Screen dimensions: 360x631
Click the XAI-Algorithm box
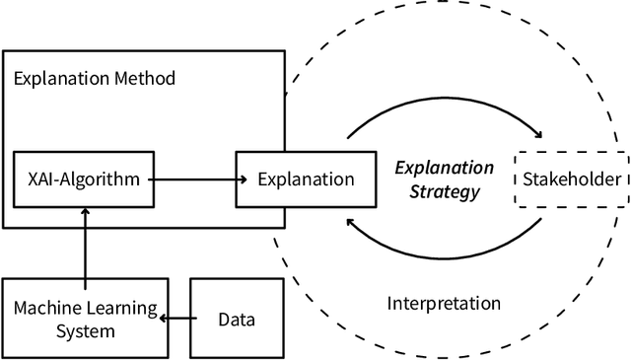(x=84, y=179)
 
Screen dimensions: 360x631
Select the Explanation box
(x=305, y=179)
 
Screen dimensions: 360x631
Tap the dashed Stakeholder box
(x=571, y=179)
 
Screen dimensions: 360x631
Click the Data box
(x=237, y=318)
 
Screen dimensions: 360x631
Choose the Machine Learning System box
(x=84, y=318)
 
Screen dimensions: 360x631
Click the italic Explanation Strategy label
(x=444, y=179)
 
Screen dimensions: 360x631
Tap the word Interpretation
(x=444, y=304)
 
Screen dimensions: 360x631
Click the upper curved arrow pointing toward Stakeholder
(x=444, y=108)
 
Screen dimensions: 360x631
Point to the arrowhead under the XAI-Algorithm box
(x=85, y=212)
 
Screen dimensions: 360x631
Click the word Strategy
(x=446, y=190)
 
